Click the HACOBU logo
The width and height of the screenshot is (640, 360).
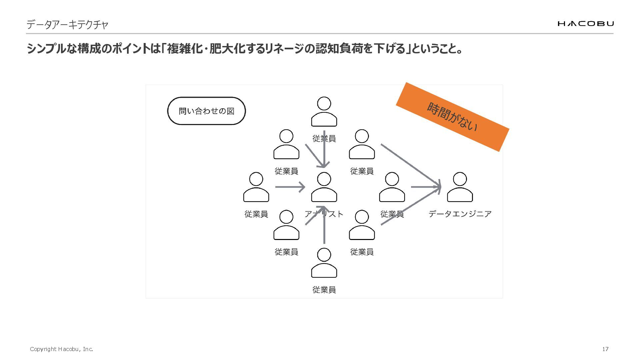point(585,23)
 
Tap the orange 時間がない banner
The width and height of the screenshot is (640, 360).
point(452,117)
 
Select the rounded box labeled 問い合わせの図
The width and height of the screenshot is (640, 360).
point(206,111)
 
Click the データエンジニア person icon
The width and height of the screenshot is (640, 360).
point(460,187)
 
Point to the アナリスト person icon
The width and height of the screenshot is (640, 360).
point(324,187)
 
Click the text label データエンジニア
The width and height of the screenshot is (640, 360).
point(460,214)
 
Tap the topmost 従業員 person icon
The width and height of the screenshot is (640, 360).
point(324,112)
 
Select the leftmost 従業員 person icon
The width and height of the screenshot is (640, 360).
point(256,187)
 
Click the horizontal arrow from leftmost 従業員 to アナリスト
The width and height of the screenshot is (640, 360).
point(290,187)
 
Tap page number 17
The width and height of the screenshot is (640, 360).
point(605,349)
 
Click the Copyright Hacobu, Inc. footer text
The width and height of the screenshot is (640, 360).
point(61,349)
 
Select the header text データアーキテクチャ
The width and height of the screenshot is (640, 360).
point(67,25)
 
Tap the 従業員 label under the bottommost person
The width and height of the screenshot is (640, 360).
point(324,290)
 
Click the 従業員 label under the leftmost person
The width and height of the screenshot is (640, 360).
point(256,214)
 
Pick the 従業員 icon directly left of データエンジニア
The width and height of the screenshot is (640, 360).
point(392,187)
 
